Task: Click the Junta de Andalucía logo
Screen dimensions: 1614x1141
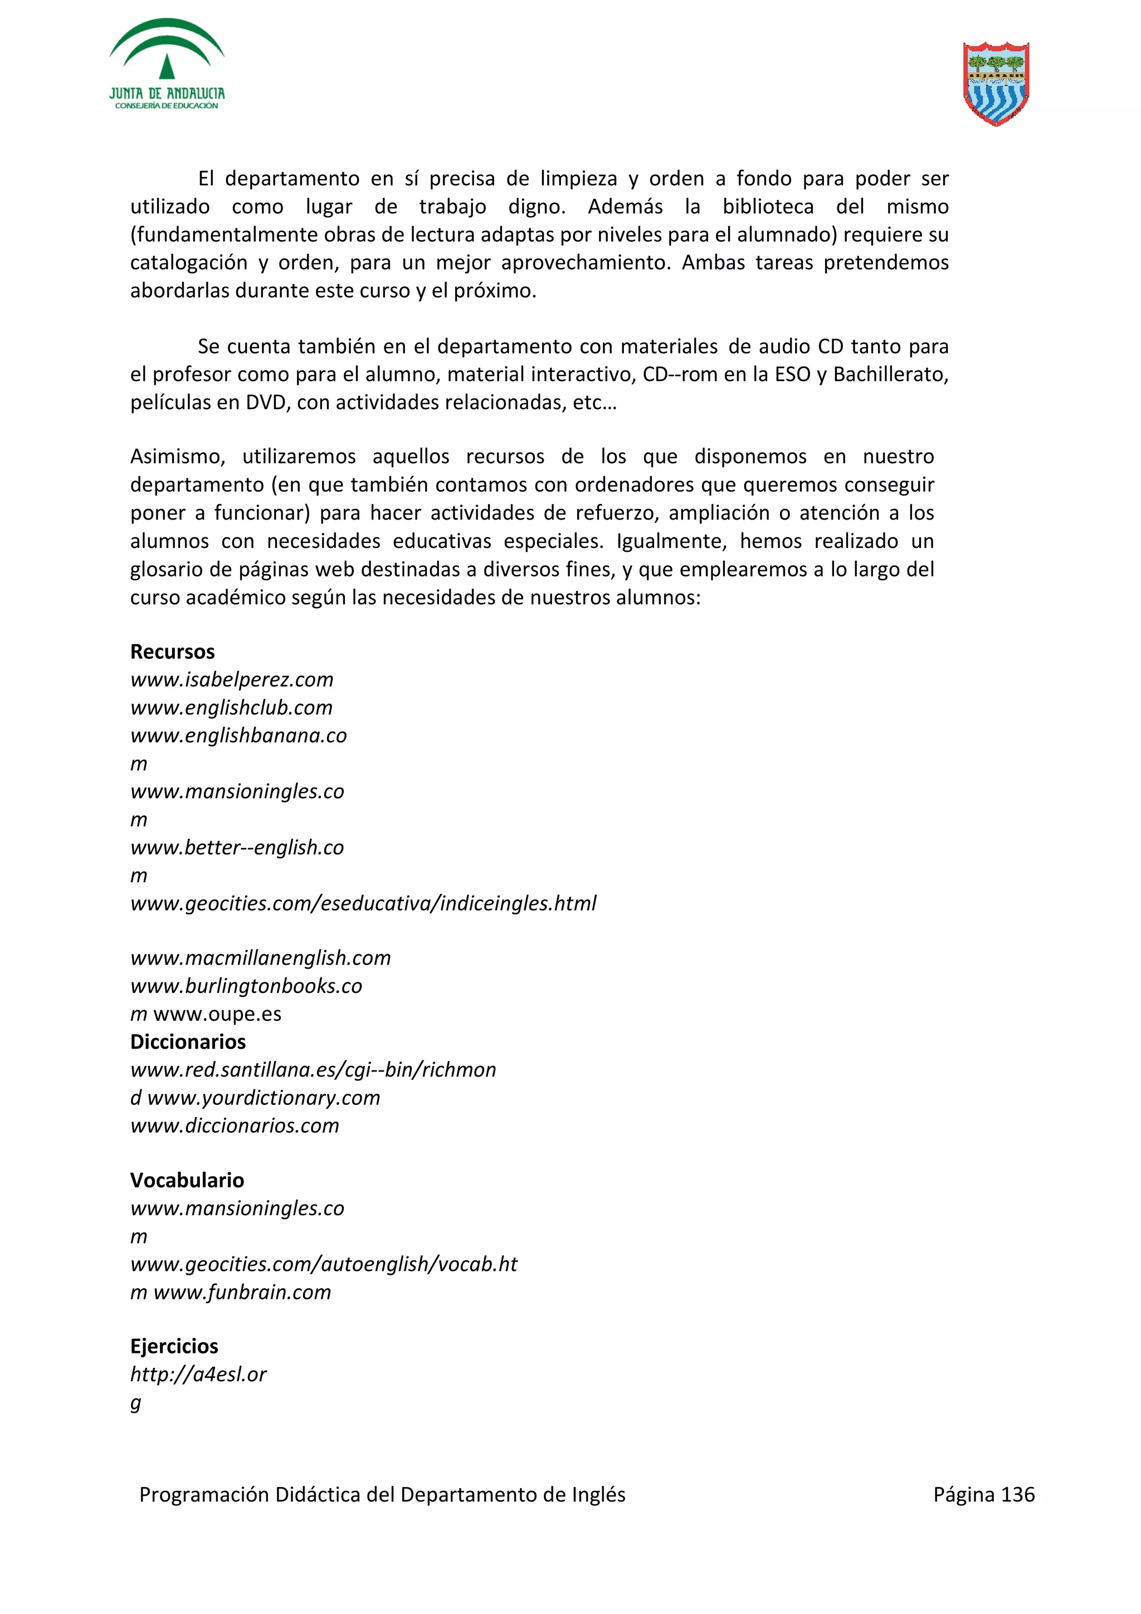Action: (167, 65)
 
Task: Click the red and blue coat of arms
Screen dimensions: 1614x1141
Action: (996, 84)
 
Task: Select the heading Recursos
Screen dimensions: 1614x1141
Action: (172, 652)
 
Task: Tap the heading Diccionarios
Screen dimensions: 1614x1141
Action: (188, 1042)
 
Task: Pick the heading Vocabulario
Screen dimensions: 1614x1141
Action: (187, 1180)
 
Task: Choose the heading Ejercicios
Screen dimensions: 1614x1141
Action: (174, 1346)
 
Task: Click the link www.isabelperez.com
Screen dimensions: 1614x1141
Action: (232, 680)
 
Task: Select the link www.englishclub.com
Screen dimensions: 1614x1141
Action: (231, 708)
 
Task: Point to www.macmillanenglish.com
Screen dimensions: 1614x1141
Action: (260, 958)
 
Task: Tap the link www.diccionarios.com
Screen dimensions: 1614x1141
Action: (235, 1126)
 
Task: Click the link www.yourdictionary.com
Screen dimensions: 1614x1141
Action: (264, 1098)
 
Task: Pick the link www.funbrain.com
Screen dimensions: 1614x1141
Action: (242, 1292)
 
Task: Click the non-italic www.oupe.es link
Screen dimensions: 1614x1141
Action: (217, 1014)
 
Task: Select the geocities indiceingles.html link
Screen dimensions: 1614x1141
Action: (363, 903)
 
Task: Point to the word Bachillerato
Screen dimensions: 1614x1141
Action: (890, 375)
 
